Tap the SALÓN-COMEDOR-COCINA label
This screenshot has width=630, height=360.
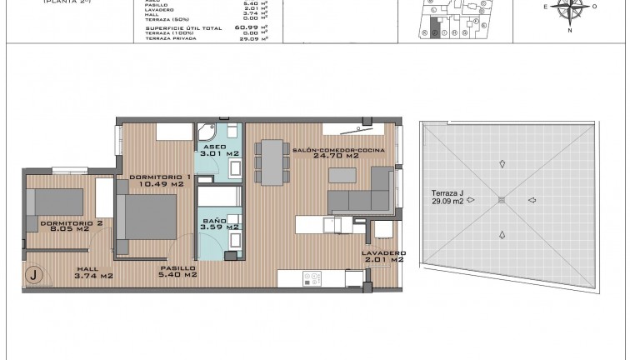pyautogui.click(x=326, y=152)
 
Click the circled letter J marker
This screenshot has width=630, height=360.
pyautogui.click(x=34, y=273)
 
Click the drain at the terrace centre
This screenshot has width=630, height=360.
pyautogui.click(x=501, y=200)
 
